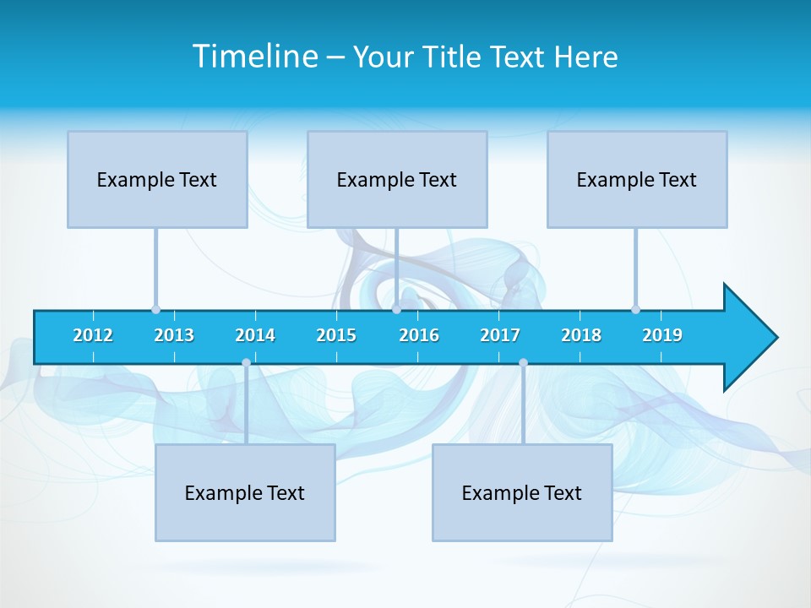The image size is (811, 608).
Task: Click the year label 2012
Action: [x=93, y=335]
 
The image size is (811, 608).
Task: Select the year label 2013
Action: [x=174, y=335]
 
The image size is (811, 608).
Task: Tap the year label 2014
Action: [x=255, y=335]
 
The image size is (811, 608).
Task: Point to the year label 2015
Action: [x=336, y=335]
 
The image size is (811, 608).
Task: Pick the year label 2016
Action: [x=419, y=335]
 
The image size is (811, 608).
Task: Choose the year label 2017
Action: [x=500, y=335]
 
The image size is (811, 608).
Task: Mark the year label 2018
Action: [x=581, y=335]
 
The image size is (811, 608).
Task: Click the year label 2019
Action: [x=662, y=335]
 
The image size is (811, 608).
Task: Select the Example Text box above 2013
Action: [x=157, y=179]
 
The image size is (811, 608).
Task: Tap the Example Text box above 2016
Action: [x=397, y=179]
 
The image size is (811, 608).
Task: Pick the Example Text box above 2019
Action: [x=637, y=179]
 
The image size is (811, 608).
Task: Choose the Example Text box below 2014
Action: [x=245, y=492]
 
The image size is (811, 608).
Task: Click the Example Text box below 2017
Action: [x=522, y=492]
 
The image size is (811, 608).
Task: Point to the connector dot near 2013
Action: [x=155, y=310]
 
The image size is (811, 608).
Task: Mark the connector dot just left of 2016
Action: [x=396, y=310]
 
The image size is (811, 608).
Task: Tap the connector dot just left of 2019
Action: [x=635, y=310]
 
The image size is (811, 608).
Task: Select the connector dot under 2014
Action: [x=246, y=363]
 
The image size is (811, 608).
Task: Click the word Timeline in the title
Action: [x=254, y=57]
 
